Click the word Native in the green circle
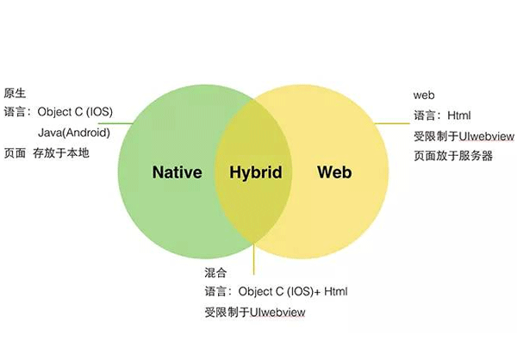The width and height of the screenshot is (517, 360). (x=177, y=172)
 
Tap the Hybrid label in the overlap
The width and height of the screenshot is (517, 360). (x=256, y=172)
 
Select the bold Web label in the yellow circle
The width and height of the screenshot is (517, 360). (x=335, y=172)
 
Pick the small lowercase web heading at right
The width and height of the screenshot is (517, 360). (x=423, y=95)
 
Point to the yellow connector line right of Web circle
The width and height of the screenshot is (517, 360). (x=392, y=124)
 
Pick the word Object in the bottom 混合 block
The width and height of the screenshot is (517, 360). (x=255, y=291)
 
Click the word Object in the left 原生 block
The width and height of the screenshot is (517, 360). (x=53, y=112)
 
